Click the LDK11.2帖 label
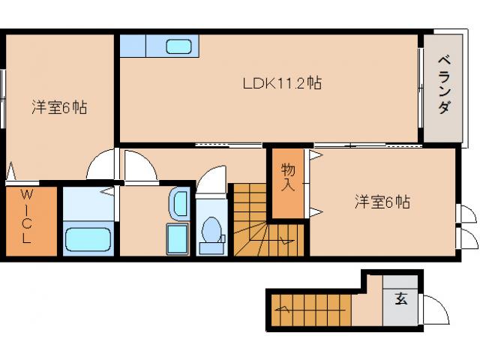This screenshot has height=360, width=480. [x=281, y=83]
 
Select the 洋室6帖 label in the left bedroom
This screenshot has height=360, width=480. [x=58, y=107]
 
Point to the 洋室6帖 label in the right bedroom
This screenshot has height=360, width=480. [x=382, y=201]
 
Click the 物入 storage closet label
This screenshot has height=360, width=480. [x=288, y=178]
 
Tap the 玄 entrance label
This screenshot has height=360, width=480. [x=401, y=298]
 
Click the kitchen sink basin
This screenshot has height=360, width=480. [x=178, y=46]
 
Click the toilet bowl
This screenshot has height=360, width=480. [x=211, y=231]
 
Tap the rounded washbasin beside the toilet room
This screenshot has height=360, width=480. [x=179, y=202]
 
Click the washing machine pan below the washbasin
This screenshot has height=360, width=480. [x=177, y=239]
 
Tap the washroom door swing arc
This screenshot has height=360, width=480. [x=140, y=166]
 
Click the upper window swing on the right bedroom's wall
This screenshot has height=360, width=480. [x=466, y=214]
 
